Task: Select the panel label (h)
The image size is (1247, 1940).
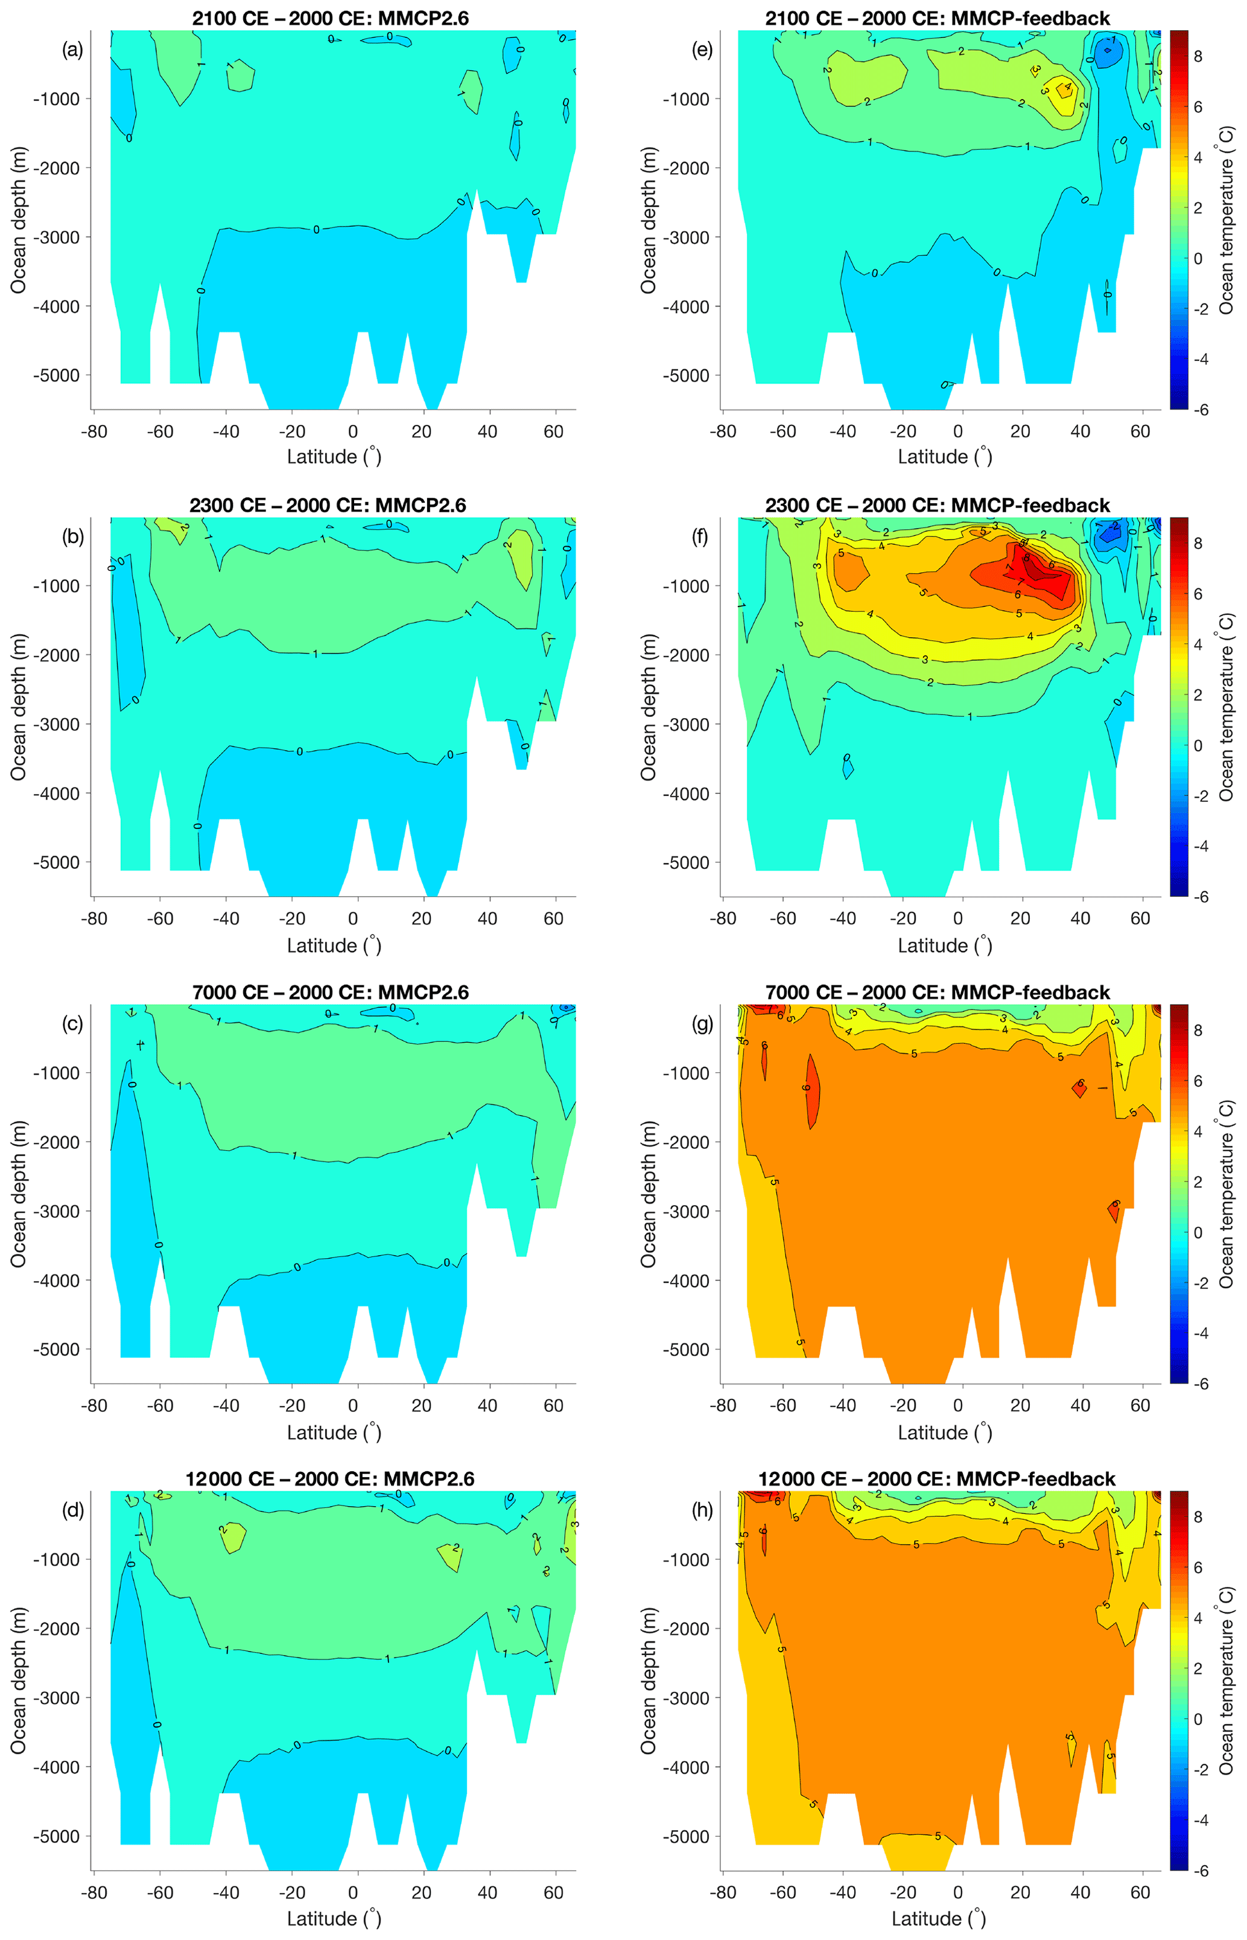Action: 701,1510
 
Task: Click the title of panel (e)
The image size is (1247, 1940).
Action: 937,18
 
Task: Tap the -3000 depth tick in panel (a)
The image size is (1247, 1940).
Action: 56,237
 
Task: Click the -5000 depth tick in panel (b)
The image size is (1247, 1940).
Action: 56,862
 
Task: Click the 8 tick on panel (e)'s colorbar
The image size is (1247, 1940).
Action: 1198,57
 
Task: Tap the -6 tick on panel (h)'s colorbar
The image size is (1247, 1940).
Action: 1201,1871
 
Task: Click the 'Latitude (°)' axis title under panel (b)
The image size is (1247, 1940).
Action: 334,945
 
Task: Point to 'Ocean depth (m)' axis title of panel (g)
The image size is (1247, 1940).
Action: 648,1194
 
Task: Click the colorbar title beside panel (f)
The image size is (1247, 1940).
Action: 1226,707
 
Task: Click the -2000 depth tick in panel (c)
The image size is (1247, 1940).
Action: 56,1142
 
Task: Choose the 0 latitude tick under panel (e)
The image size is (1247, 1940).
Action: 958,431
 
